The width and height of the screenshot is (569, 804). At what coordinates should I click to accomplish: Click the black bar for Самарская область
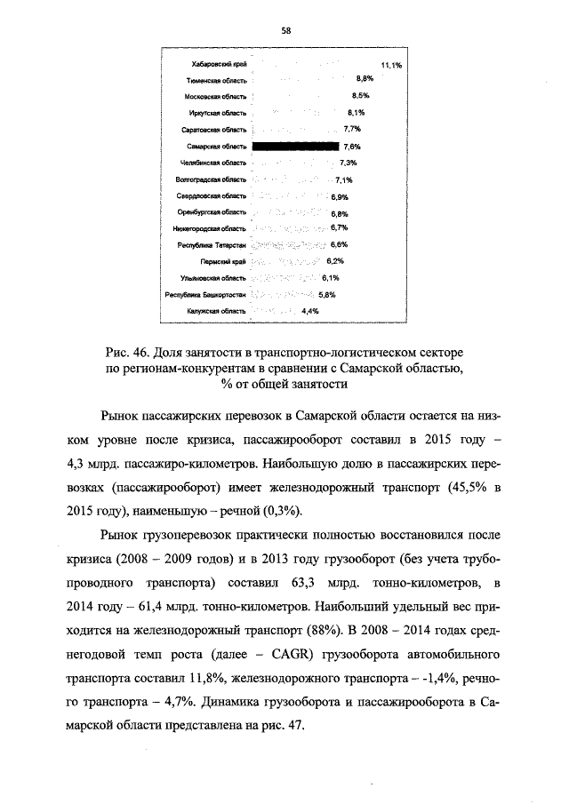click(296, 147)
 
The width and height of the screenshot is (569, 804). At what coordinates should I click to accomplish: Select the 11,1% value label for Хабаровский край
click(391, 65)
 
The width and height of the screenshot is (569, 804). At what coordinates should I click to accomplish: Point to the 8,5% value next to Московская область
click(361, 96)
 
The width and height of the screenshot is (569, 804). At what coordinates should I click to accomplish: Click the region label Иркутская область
click(218, 113)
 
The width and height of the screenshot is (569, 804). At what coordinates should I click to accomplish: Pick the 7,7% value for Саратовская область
click(351, 130)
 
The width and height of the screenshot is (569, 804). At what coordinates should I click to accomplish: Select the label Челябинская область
click(212, 163)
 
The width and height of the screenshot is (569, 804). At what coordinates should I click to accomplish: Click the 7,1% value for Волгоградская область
click(345, 179)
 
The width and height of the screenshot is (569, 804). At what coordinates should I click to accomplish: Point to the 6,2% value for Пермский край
click(335, 261)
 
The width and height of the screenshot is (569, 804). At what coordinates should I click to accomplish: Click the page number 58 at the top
click(286, 30)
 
